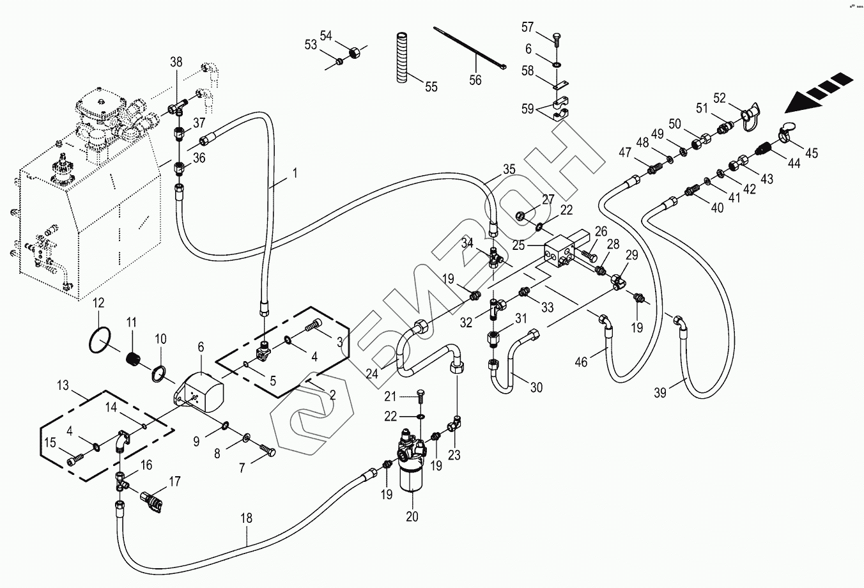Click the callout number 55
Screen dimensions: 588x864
(x=431, y=87)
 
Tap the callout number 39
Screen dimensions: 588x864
(x=660, y=393)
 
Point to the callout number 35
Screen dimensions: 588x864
(x=509, y=170)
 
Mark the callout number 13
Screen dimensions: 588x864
(x=63, y=385)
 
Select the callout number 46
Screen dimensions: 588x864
(x=580, y=362)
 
